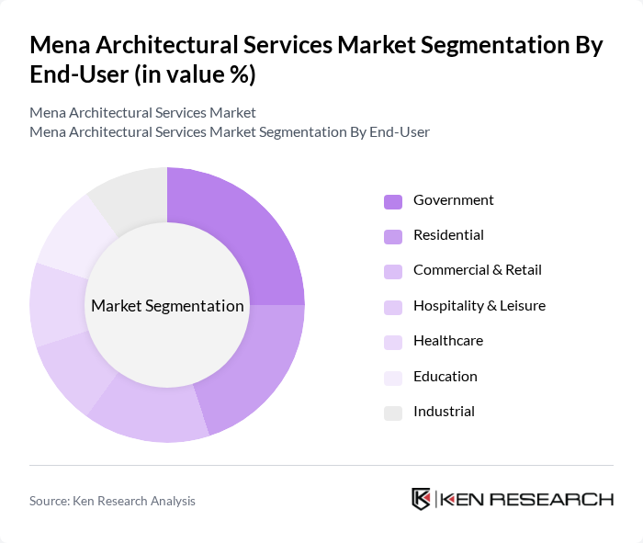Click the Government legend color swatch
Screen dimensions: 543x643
click(x=393, y=201)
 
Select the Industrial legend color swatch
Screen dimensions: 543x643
click(x=393, y=413)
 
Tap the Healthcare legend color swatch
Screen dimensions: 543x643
click(x=393, y=342)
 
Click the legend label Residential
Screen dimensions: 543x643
click(x=448, y=235)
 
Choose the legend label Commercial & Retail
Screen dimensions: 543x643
click(x=477, y=270)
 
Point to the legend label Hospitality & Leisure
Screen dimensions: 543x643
click(x=479, y=306)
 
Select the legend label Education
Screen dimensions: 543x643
click(x=445, y=376)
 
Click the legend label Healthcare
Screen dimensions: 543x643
click(x=447, y=341)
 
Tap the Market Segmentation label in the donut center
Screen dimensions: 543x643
click(x=166, y=306)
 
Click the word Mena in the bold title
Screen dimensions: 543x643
click(x=62, y=45)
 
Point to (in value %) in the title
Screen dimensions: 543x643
click(x=195, y=75)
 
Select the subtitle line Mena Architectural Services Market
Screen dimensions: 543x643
click(x=142, y=113)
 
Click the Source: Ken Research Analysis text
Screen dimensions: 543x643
click(x=112, y=501)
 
